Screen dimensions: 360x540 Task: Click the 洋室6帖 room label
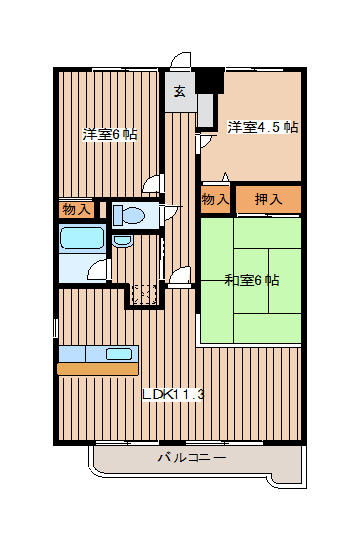[x=110, y=134]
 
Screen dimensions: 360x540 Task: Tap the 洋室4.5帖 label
[x=263, y=127]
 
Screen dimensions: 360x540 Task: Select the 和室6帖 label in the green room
[x=252, y=280]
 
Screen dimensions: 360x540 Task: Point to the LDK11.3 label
[x=174, y=394]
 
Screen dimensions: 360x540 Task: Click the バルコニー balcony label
[x=192, y=457]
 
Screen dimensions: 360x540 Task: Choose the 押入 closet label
[x=268, y=199]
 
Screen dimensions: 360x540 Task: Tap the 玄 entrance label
[x=179, y=91]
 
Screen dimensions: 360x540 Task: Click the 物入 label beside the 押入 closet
[x=215, y=199]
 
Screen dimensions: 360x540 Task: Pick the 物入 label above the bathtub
[x=76, y=209]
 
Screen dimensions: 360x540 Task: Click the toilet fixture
[x=129, y=215]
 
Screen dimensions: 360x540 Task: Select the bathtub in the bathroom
[x=82, y=238]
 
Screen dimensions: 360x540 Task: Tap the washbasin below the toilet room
[x=123, y=241]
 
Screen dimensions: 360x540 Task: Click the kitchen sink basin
[x=119, y=354]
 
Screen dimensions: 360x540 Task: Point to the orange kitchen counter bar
[x=98, y=368]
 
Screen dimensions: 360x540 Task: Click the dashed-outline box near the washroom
[x=145, y=294]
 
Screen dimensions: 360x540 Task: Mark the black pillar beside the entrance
[x=210, y=81]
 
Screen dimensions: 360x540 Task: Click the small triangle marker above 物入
[x=225, y=176]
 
